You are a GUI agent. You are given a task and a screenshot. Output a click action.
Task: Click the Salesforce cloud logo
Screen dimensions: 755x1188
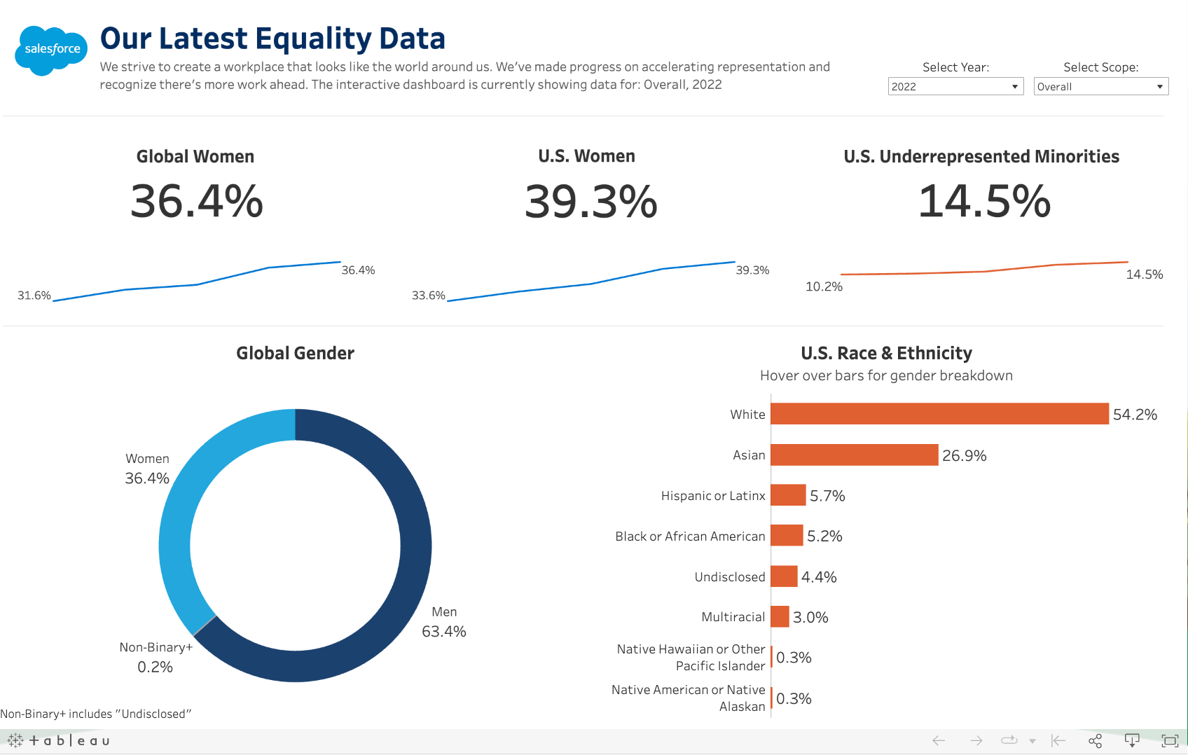51,50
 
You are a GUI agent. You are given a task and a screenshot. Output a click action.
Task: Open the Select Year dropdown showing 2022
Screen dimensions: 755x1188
955,86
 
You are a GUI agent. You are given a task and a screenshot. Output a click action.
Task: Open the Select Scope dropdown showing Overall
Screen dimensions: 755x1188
1100,86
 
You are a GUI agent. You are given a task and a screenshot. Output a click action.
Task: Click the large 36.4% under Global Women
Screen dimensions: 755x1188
197,202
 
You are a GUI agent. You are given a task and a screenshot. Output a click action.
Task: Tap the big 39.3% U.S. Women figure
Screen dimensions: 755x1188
590,202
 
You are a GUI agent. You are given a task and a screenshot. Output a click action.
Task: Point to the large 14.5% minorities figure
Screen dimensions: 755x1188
984,202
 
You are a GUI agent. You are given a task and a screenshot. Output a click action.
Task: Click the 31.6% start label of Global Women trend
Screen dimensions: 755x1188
34,296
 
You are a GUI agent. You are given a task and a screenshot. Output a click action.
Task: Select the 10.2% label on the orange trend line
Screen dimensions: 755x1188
824,286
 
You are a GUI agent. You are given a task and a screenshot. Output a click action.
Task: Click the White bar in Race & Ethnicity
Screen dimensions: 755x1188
939,414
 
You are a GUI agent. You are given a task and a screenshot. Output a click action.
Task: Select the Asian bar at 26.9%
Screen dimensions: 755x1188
854,455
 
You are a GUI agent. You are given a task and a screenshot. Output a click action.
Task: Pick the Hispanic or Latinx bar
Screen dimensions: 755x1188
788,495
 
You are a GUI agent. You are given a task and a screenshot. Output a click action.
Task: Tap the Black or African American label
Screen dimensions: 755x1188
690,536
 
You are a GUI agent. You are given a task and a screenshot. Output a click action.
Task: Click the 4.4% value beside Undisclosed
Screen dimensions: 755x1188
819,577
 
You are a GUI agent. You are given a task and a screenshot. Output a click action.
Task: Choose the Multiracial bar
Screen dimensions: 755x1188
780,617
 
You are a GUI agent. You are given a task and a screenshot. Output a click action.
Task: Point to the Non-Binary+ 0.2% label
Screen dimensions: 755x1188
156,658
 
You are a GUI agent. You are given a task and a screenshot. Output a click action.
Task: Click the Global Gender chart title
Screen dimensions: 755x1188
295,353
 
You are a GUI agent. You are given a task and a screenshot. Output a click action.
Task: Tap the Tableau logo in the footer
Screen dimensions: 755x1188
59,740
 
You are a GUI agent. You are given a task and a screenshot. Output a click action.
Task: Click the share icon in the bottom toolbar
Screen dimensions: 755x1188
1095,740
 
